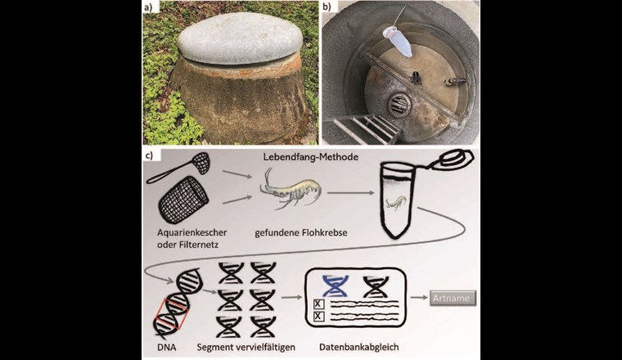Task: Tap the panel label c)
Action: coord(151,155)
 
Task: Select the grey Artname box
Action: coord(451,298)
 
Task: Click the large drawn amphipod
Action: coord(291,191)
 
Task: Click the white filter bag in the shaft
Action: coord(400,42)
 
